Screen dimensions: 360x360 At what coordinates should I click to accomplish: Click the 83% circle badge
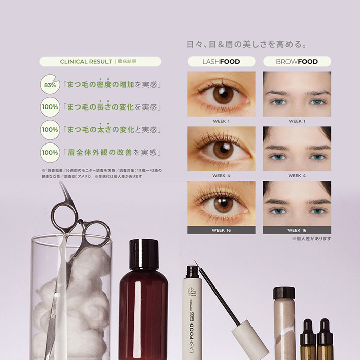click(49, 85)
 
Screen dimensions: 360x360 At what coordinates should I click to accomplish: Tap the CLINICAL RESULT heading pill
click(100, 62)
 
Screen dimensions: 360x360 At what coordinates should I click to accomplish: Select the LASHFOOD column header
click(221, 62)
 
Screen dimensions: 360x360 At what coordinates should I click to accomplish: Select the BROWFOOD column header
click(297, 62)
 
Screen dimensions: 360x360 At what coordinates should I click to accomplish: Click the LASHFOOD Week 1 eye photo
click(221, 94)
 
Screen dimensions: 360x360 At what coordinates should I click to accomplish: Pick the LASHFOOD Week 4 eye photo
click(221, 149)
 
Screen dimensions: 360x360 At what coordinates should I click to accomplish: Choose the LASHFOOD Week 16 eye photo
click(221, 203)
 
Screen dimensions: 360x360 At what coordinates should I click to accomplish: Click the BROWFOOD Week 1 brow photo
click(297, 94)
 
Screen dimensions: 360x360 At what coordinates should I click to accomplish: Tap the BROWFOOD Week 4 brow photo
click(297, 149)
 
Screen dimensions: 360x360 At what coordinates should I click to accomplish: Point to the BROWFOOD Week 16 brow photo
click(297, 203)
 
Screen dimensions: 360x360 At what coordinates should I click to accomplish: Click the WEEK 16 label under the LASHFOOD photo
click(221, 230)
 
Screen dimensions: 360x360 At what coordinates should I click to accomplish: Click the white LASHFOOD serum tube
click(192, 314)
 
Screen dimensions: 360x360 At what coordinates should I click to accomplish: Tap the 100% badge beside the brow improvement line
click(49, 152)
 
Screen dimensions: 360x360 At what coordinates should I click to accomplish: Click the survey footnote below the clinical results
click(101, 173)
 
